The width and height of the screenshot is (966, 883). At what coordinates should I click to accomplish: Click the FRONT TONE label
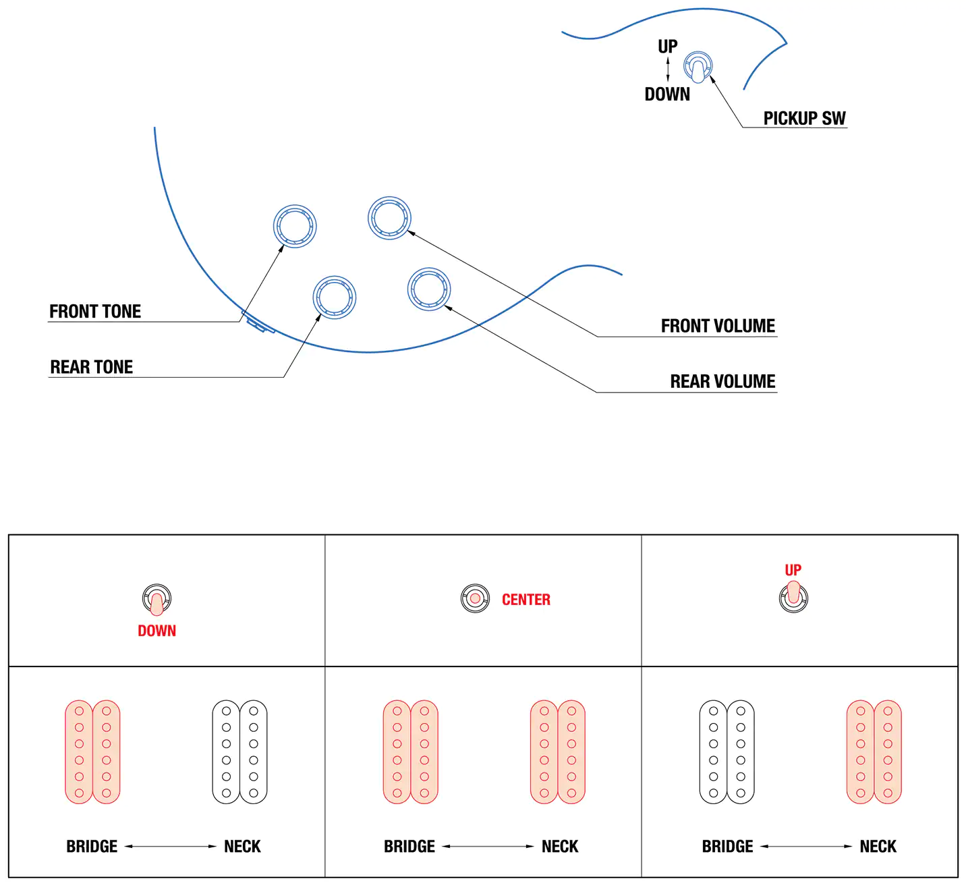pyautogui.click(x=95, y=312)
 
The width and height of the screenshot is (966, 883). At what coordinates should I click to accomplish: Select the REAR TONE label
pyautogui.click(x=92, y=367)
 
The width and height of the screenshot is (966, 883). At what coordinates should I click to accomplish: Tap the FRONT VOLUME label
pyautogui.click(x=718, y=326)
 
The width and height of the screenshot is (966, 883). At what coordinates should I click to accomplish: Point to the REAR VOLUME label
pyautogui.click(x=722, y=382)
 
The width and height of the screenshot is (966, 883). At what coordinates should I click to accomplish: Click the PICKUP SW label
pyautogui.click(x=804, y=119)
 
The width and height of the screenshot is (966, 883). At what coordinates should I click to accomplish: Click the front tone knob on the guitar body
pyautogui.click(x=295, y=226)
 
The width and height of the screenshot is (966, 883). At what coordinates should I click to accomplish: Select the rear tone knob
pyautogui.click(x=335, y=297)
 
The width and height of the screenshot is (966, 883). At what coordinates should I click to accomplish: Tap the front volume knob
pyautogui.click(x=389, y=218)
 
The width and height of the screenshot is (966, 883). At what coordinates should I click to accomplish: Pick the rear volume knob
pyautogui.click(x=429, y=289)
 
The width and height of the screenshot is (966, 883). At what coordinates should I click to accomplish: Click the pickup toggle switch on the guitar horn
pyautogui.click(x=698, y=66)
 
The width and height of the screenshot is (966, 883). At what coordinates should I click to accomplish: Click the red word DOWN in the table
pyautogui.click(x=157, y=631)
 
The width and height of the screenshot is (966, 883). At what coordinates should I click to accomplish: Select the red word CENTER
pyautogui.click(x=526, y=600)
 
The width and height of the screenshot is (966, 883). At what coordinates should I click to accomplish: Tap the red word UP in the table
pyautogui.click(x=793, y=570)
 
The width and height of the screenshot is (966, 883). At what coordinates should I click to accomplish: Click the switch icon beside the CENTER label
pyautogui.click(x=475, y=598)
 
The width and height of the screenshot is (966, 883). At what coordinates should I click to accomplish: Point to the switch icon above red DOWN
pyautogui.click(x=157, y=599)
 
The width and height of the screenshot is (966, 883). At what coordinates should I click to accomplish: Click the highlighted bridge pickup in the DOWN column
pyautogui.click(x=92, y=751)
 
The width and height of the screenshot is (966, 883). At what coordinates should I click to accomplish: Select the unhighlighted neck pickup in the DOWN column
pyautogui.click(x=239, y=751)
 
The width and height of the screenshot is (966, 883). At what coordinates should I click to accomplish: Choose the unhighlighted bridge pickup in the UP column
pyautogui.click(x=727, y=751)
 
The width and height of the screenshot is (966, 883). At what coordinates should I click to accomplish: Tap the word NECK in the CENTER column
pyautogui.click(x=560, y=847)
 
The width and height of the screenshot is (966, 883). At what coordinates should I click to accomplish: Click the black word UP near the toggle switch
pyautogui.click(x=667, y=47)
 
